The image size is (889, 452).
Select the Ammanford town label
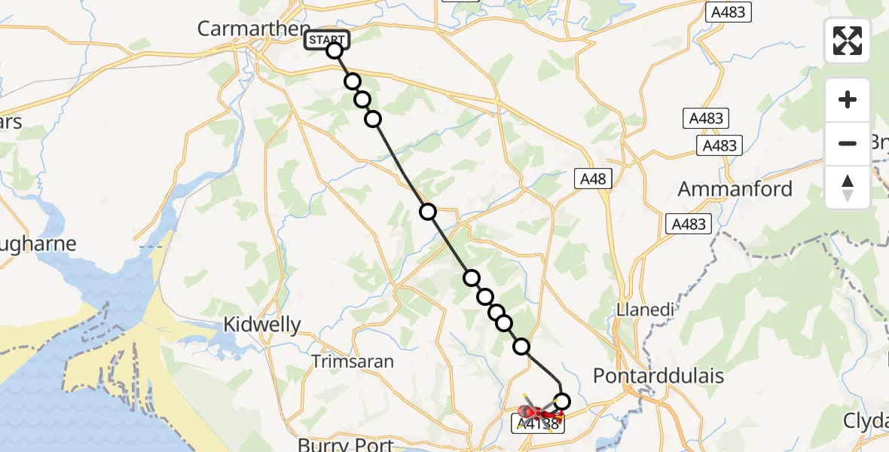click(x=735, y=188)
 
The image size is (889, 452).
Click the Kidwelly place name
click(x=262, y=325)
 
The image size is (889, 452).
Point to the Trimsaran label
click(x=353, y=362)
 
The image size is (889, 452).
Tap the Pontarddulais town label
click(x=658, y=376)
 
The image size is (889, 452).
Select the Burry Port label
click(x=346, y=444)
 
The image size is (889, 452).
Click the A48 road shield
click(x=593, y=179)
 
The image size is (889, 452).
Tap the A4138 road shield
click(x=539, y=425)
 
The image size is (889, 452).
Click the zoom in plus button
click(x=848, y=100)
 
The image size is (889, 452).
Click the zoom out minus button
click(x=848, y=143)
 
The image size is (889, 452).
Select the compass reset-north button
click(x=848, y=187)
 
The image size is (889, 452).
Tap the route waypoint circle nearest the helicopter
click(x=561, y=402)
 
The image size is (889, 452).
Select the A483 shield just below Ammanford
click(x=689, y=224)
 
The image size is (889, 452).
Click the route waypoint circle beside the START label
click(x=335, y=50)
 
